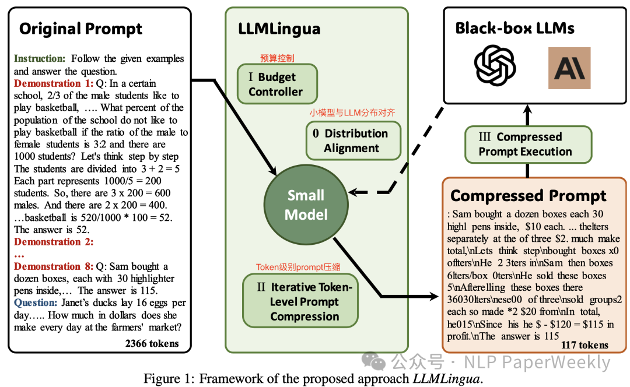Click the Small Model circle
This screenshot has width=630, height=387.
306,205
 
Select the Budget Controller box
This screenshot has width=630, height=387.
276,85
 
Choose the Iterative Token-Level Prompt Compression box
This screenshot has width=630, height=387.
304,302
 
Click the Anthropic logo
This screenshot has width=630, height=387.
569,68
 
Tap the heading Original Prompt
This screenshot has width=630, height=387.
80,29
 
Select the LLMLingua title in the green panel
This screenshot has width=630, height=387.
279,29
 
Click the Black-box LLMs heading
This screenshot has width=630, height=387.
515,28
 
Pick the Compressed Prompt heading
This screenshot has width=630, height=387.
528,195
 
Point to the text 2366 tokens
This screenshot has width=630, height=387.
152,344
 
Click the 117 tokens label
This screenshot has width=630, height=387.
584,345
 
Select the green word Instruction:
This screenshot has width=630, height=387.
40,59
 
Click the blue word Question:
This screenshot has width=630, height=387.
36,303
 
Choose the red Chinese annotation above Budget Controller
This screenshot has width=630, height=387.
277,58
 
